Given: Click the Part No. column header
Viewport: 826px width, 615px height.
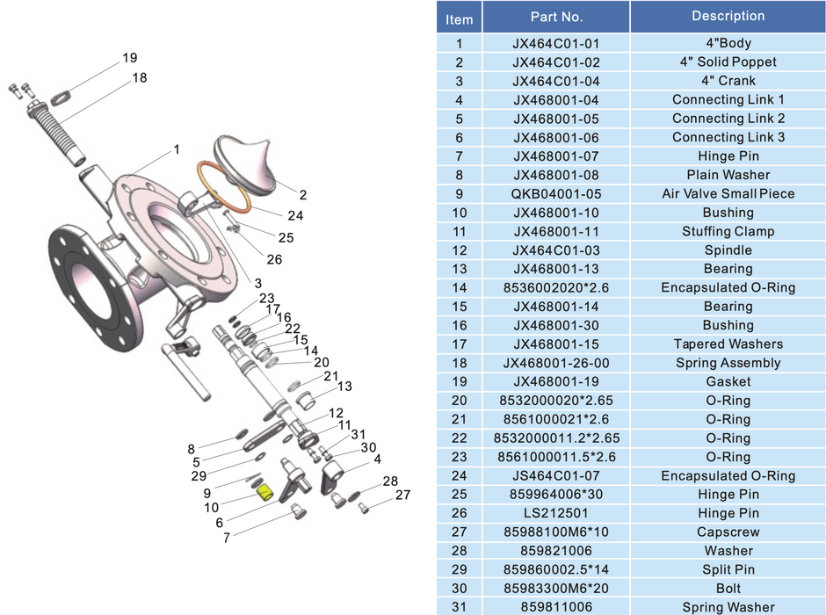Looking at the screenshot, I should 556,17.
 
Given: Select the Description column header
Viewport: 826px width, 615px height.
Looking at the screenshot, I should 728,17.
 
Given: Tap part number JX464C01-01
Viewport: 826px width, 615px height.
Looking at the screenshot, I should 556,43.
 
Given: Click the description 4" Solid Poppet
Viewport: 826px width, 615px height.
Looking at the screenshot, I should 728,62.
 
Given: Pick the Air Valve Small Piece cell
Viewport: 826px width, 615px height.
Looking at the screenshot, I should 728,194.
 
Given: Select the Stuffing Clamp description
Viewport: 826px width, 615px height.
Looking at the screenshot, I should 728,232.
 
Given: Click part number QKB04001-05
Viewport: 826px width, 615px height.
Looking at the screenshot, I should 556,194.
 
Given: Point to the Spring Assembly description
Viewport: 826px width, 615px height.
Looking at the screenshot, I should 728,364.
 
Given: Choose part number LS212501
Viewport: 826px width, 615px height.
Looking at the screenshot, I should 556,514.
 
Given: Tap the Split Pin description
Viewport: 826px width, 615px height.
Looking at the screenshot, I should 728,570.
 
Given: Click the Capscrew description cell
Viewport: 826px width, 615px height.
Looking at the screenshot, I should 728,532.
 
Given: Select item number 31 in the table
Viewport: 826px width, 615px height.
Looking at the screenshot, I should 459,607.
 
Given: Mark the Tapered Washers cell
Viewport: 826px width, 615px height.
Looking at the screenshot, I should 728,344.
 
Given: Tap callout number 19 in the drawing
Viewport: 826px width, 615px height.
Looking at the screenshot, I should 130,59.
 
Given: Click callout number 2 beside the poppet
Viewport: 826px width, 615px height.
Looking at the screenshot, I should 303,195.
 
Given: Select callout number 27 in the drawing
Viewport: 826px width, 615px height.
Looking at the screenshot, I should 402,496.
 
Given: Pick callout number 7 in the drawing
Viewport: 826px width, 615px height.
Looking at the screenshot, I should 227,538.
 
